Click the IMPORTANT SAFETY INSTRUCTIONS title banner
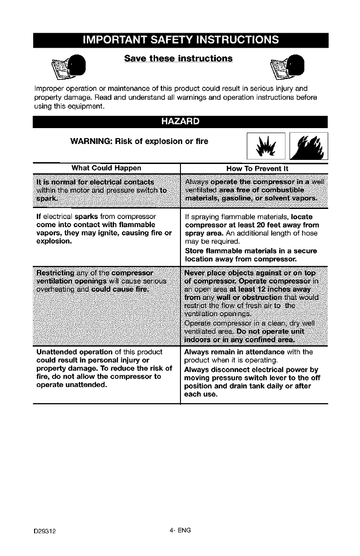coord(180,40)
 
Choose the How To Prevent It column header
coord(257,168)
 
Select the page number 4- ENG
coord(180,530)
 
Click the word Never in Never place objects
coord(195,273)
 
